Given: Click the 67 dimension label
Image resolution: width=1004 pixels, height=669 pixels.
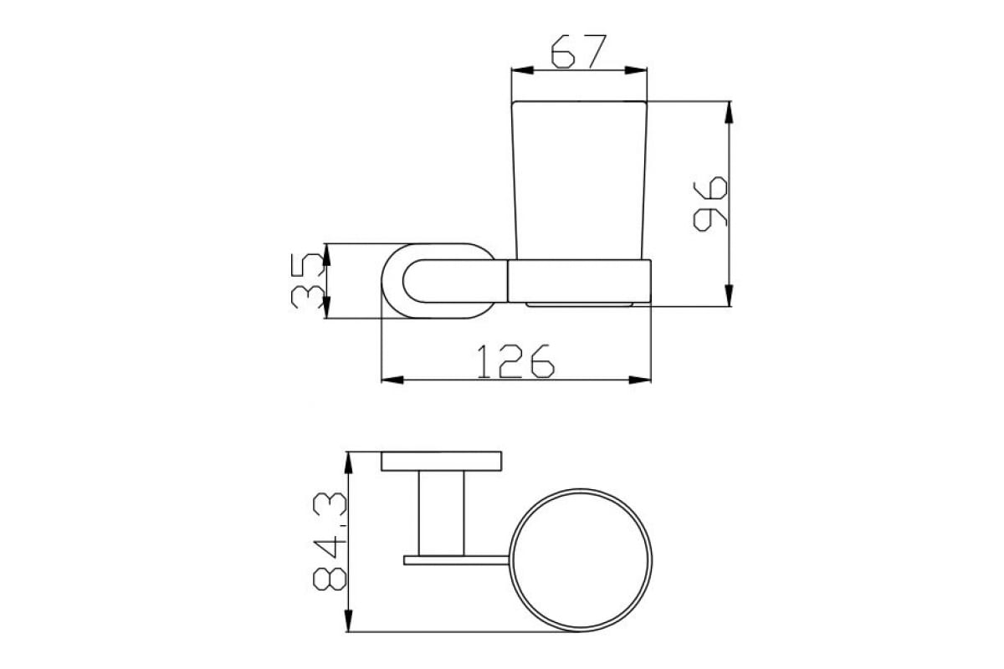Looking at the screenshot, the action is [579, 52].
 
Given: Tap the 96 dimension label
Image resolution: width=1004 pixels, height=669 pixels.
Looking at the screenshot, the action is [710, 204].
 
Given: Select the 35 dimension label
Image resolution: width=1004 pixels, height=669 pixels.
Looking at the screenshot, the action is [308, 281].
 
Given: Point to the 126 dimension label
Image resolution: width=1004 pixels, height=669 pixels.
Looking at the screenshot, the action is [515, 361].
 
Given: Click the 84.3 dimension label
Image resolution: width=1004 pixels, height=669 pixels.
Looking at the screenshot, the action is [330, 541].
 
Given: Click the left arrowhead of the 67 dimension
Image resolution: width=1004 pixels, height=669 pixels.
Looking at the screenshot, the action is [523, 70].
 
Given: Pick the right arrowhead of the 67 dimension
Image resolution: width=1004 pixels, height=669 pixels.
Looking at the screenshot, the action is [636, 70].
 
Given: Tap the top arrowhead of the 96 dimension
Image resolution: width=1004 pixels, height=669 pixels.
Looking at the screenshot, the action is [729, 112].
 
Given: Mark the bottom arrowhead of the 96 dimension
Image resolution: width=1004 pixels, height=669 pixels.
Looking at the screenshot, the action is [729, 295].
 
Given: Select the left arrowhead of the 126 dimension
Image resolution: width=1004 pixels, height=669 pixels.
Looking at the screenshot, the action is [392, 380].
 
